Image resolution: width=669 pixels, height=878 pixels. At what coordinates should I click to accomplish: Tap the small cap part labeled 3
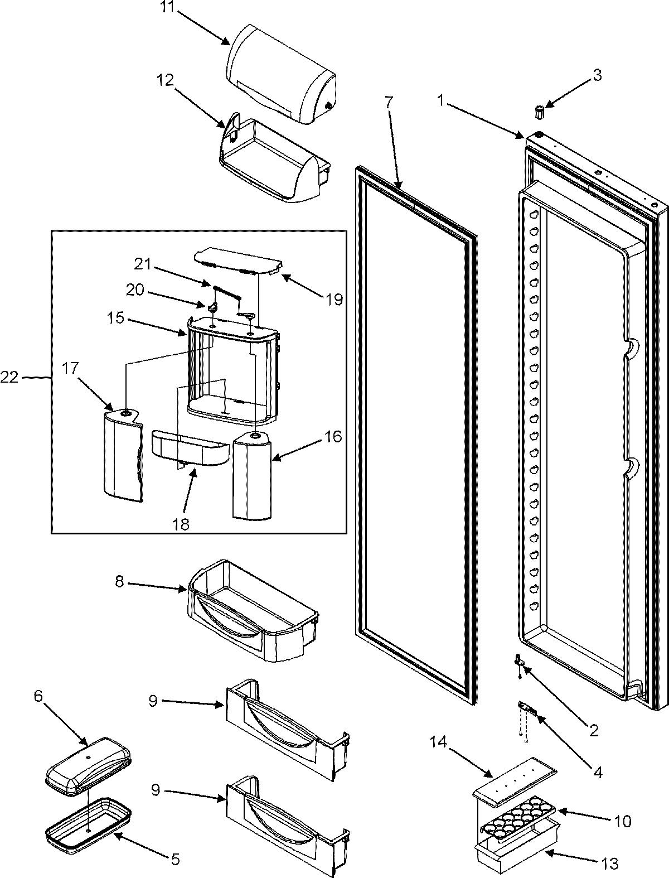coord(539,110)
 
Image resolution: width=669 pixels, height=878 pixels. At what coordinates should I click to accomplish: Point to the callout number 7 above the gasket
coord(389,103)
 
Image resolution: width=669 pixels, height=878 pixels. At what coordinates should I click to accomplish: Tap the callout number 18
coord(181,524)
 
